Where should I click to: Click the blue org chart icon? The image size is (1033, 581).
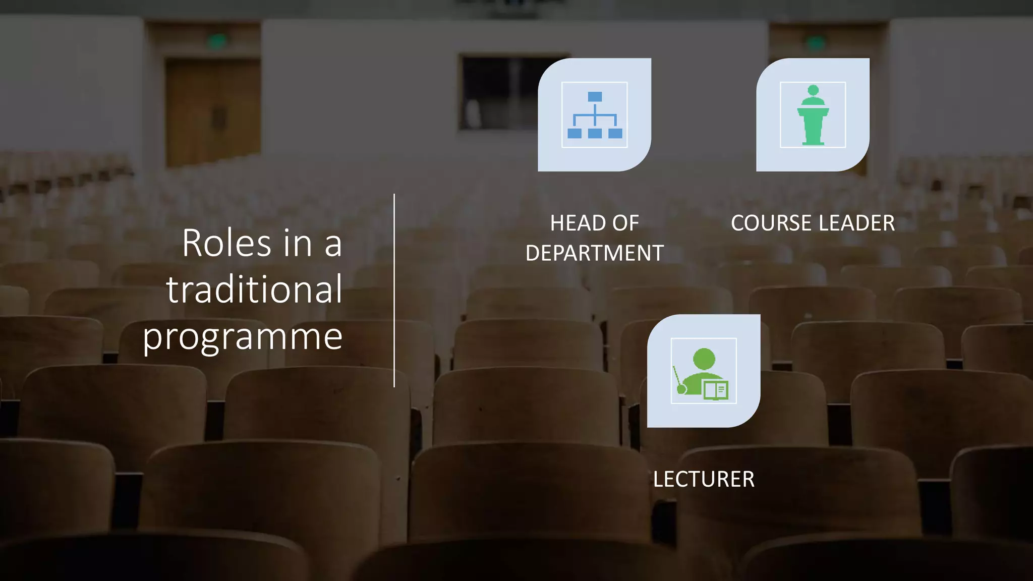point(595,115)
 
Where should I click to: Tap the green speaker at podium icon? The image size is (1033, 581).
point(813,115)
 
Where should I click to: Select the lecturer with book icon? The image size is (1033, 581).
point(704,371)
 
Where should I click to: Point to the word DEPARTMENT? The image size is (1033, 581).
point(595,253)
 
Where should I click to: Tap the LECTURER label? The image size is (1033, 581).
point(704,479)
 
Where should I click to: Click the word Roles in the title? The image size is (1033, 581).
point(226,243)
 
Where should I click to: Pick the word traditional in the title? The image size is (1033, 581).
point(255,289)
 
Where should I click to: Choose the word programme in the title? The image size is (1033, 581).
point(243,336)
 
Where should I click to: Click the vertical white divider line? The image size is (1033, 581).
point(394,290)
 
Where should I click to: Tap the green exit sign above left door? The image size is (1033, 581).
point(217,41)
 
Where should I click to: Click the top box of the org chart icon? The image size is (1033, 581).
point(595,96)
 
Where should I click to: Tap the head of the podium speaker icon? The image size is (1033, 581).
point(813,91)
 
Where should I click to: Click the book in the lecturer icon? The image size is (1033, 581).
point(716,390)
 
